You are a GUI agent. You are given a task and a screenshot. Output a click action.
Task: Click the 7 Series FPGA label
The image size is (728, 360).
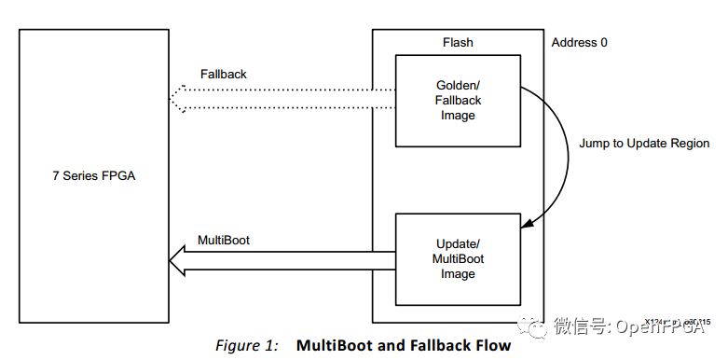tap(93, 175)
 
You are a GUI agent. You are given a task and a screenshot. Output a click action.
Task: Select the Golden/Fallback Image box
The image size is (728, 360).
tap(457, 100)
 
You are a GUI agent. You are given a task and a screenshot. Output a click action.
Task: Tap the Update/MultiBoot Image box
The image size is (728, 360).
tap(457, 258)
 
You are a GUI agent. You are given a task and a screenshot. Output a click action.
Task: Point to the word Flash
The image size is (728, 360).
tap(458, 42)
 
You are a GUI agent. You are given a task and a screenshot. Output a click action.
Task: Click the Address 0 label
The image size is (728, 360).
tap(579, 42)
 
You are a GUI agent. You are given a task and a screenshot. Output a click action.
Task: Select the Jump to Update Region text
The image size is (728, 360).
tap(644, 144)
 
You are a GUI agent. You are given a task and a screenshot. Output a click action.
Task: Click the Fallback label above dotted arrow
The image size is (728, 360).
tap(224, 74)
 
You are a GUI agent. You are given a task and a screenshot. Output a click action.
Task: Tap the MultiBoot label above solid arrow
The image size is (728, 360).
tap(224, 240)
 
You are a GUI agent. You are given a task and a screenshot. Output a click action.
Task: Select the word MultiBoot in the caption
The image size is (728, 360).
tap(335, 346)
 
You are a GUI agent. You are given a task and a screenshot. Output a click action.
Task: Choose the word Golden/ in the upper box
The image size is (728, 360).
tap(458, 86)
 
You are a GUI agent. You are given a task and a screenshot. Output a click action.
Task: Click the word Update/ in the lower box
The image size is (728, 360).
tap(458, 244)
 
